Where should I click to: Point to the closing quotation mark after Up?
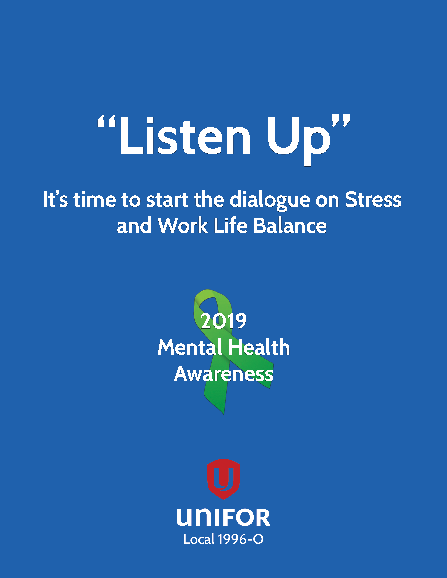pyautogui.click(x=341, y=121)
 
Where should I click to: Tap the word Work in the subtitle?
pyautogui.click(x=183, y=225)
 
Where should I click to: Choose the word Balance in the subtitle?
pyautogui.click(x=290, y=225)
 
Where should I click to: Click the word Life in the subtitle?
pyautogui.click(x=231, y=225)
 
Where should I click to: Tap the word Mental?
pyautogui.click(x=190, y=347)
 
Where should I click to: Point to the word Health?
pyautogui.click(x=259, y=347)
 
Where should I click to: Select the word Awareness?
pyautogui.click(x=224, y=374)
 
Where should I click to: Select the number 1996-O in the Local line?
pyautogui.click(x=241, y=539)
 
